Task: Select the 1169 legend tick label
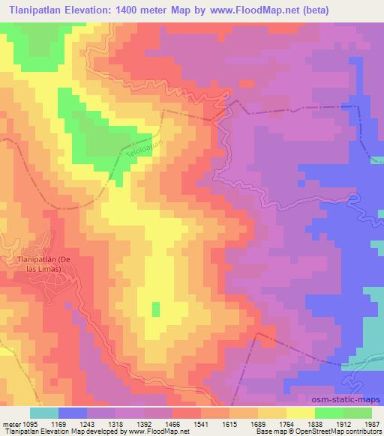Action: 73,424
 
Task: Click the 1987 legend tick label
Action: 373,424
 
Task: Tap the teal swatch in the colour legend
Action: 44,413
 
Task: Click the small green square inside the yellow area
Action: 156,309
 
